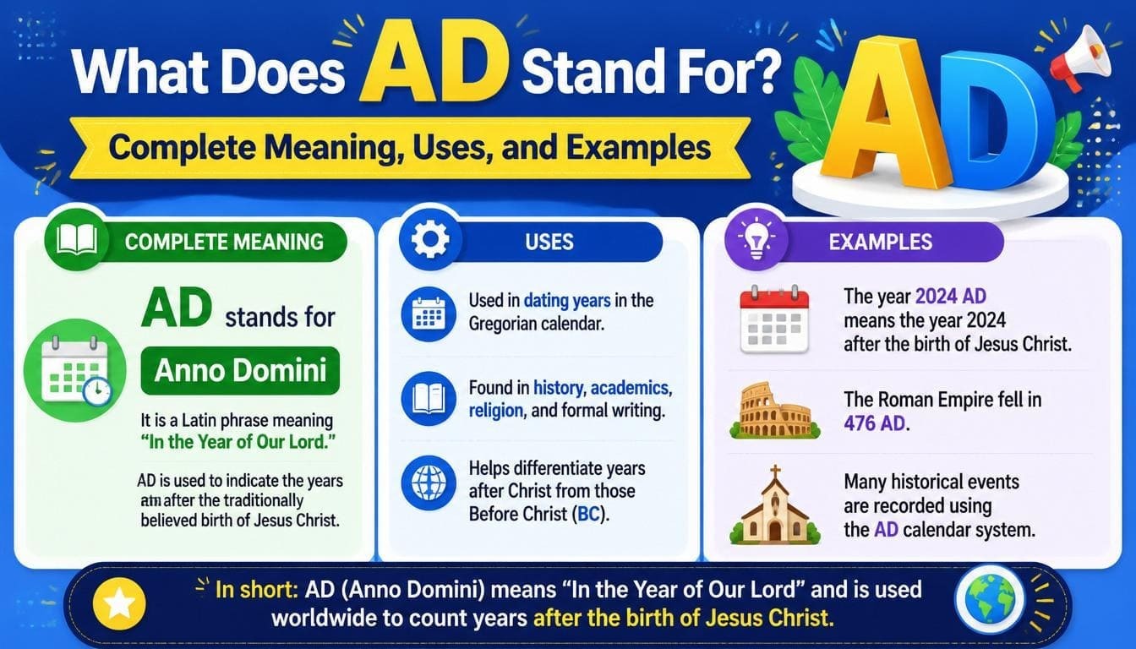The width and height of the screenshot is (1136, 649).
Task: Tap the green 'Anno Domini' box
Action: click(x=240, y=370)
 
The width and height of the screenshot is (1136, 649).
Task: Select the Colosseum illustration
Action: click(x=775, y=410)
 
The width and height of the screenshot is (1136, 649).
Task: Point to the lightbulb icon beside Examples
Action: click(x=756, y=241)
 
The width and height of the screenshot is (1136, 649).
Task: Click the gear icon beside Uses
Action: click(x=430, y=239)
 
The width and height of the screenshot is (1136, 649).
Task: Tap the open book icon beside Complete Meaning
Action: click(x=77, y=239)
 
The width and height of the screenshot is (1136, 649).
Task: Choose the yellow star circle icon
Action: click(x=120, y=603)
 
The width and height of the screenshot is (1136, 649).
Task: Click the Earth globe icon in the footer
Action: click(x=990, y=600)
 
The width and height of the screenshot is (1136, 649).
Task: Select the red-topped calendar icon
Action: click(x=774, y=319)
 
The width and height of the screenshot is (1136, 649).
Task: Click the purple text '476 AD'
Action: click(x=875, y=423)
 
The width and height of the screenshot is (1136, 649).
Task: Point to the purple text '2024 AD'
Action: click(x=951, y=296)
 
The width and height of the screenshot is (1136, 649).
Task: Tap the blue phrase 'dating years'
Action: click(x=567, y=301)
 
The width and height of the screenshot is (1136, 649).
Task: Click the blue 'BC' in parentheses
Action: click(x=589, y=514)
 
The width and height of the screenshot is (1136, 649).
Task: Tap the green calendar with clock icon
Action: click(x=75, y=370)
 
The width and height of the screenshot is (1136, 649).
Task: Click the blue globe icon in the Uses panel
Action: click(x=429, y=483)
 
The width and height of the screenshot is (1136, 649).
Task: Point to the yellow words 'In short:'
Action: click(x=257, y=590)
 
